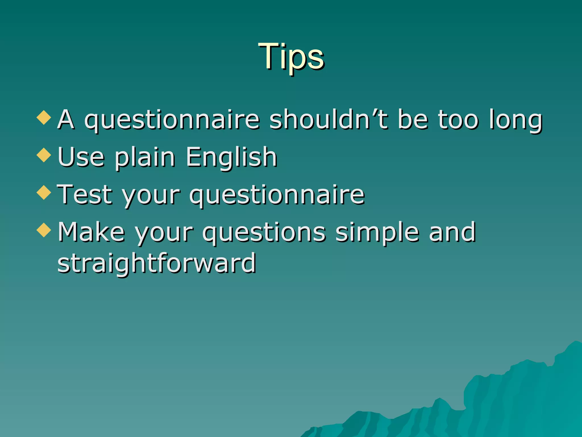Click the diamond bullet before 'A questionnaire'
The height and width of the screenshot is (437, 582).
tap(44, 118)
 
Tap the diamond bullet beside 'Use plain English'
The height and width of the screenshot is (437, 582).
tap(44, 155)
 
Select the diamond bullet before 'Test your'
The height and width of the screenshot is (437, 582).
tap(44, 193)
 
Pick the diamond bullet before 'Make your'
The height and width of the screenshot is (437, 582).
tap(44, 230)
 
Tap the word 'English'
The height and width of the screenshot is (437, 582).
tap(231, 157)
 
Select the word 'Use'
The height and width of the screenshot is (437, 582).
tap(81, 157)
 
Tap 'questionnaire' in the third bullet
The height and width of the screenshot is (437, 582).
tap(277, 195)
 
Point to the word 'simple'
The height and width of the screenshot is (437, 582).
tap(377, 233)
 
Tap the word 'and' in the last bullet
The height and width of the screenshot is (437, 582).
tap(452, 232)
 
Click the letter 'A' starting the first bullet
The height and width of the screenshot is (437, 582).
tap(66, 119)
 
